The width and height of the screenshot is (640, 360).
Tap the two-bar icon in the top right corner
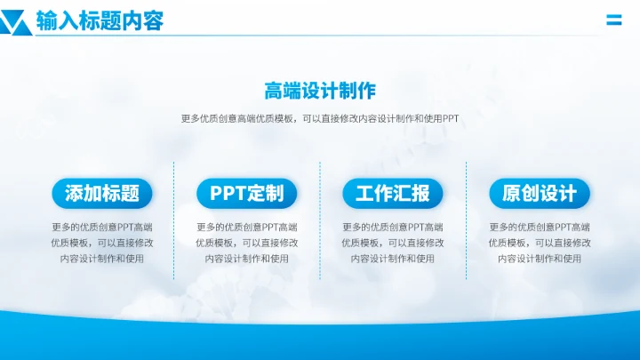pos(613,20)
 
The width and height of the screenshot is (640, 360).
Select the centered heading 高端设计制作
pos(320,91)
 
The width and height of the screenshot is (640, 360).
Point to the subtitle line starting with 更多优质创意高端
pos(320,119)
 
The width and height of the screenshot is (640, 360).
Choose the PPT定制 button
pos(247,193)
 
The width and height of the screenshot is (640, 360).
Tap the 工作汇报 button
pos(392,193)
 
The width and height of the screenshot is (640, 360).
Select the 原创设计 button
pos(540,193)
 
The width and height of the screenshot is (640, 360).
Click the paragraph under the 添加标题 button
pos(102,243)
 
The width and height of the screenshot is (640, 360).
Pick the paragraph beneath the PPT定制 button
pos(247,243)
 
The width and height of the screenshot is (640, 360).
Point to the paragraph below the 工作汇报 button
pos(392,243)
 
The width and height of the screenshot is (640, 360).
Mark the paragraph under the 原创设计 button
pos(540,243)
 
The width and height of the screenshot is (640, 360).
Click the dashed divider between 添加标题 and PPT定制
pos(174,227)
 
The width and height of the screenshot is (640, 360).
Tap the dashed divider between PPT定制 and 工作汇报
pos(320,227)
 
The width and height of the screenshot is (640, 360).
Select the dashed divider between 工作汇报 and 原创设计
pos(466,227)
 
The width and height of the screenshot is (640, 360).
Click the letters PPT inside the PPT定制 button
pos(228,193)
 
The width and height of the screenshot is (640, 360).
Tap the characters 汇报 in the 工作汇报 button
pos(411,193)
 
